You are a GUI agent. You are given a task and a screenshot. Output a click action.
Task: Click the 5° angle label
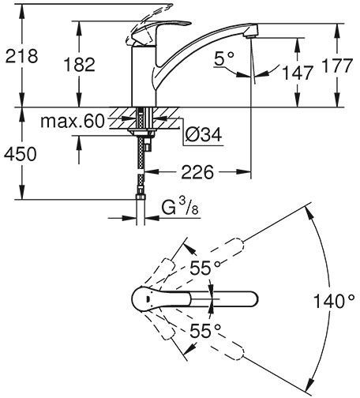click(x=225, y=60)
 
